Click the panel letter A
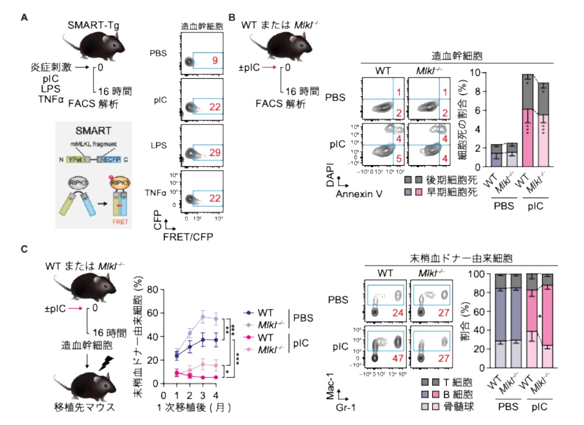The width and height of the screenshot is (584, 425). pyautogui.click(x=24, y=17)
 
